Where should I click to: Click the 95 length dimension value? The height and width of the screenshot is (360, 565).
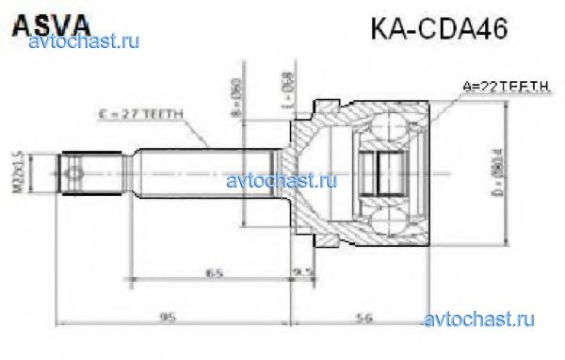169,317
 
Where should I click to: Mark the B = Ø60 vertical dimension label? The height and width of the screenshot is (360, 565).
237,93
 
